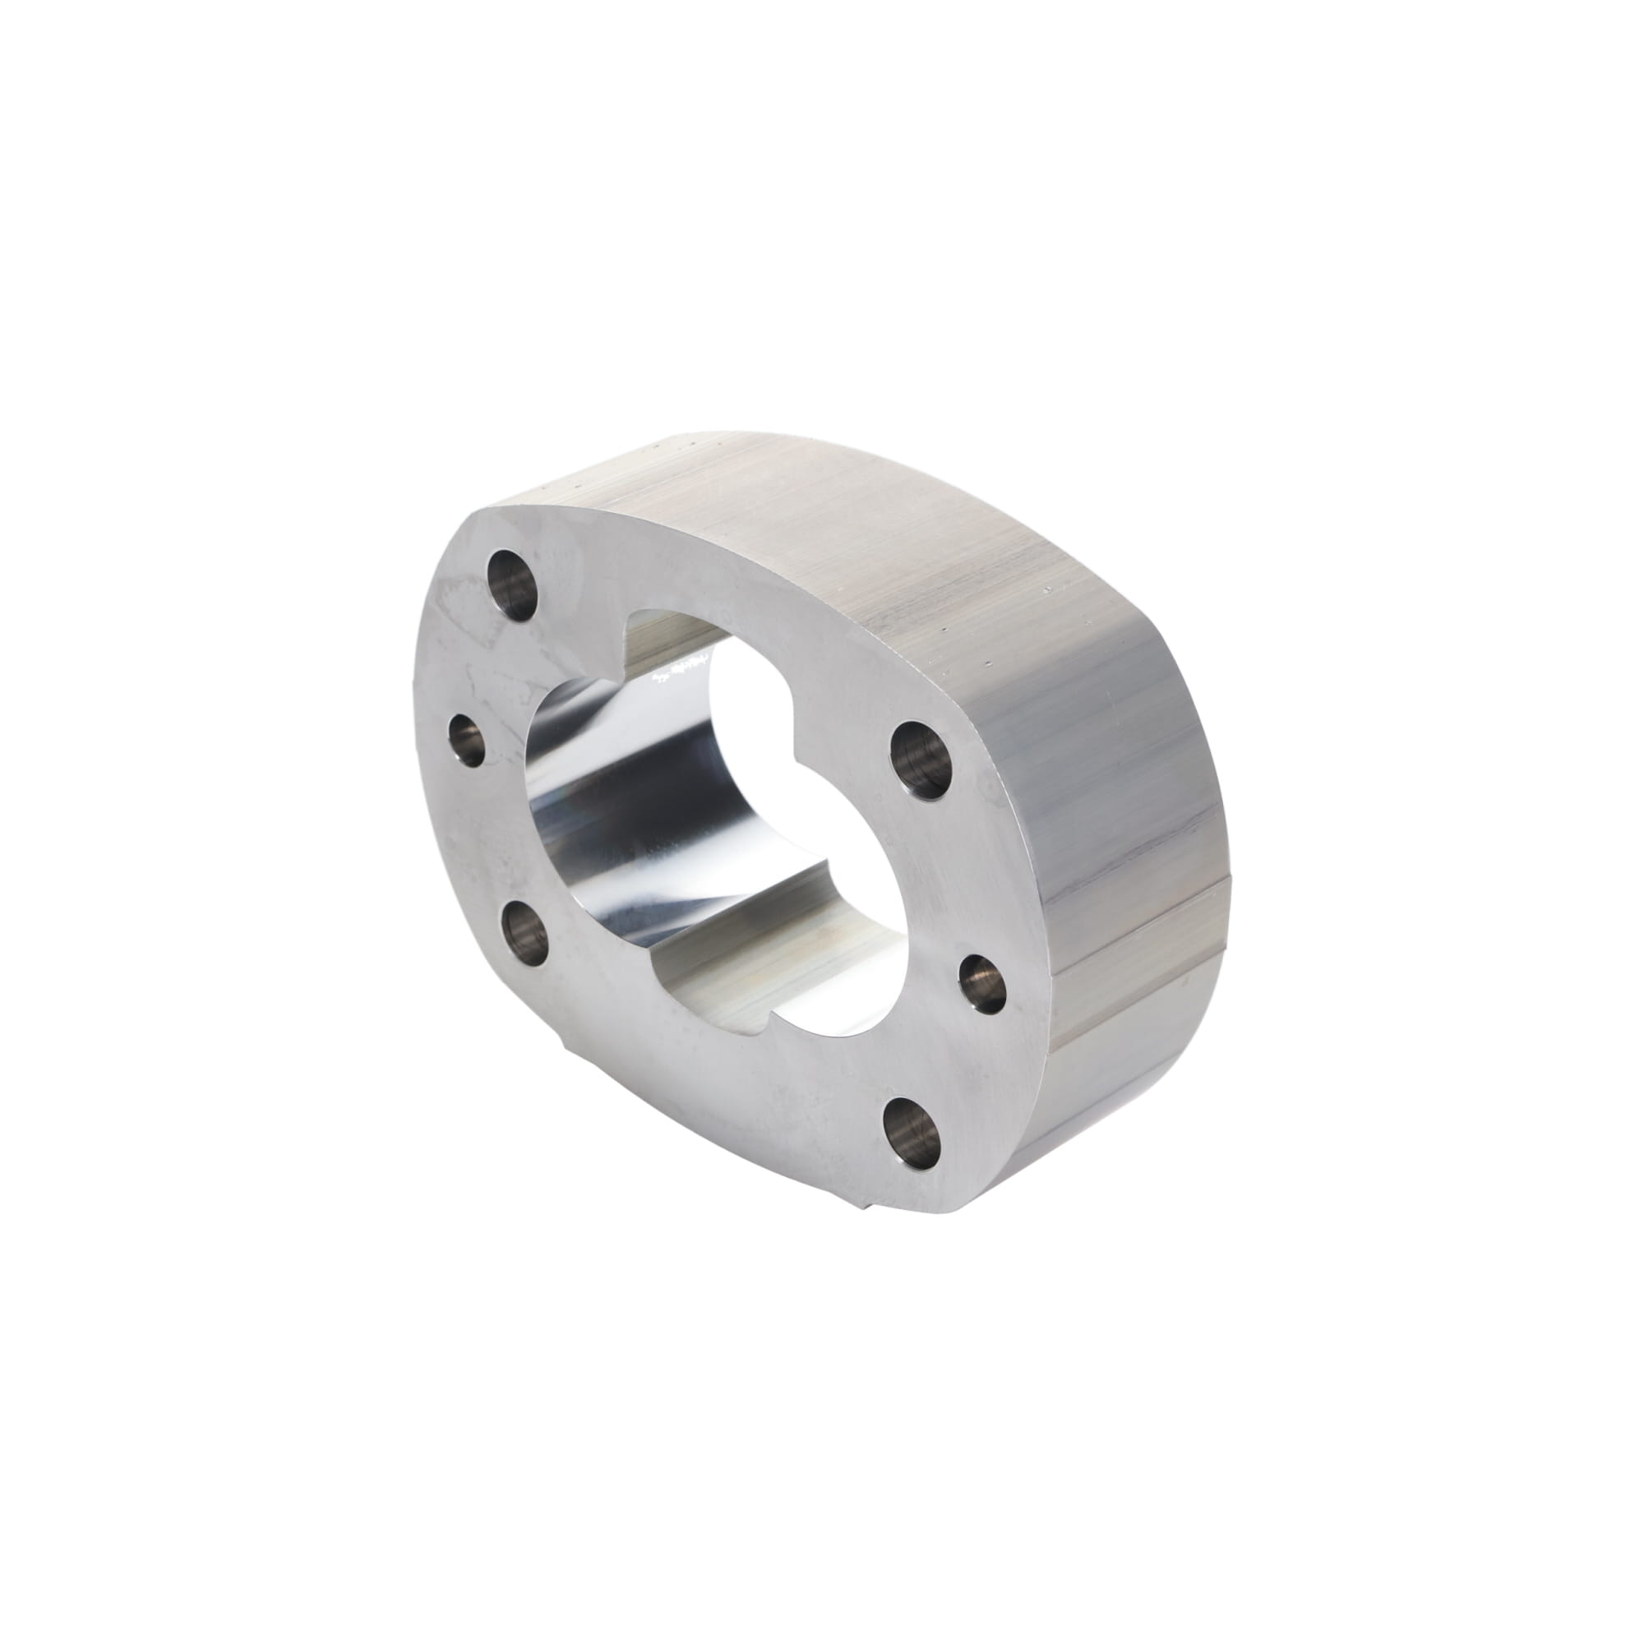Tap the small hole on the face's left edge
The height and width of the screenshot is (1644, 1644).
(467, 738)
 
